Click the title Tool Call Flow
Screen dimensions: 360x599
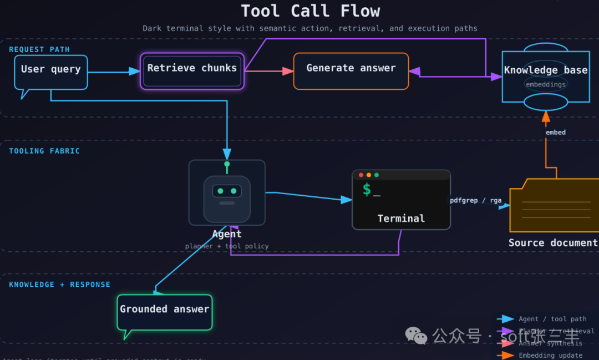pyautogui.click(x=310, y=11)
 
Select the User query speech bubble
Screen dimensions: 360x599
pyautogui.click(x=50, y=70)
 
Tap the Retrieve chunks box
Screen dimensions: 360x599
pyautogui.click(x=192, y=69)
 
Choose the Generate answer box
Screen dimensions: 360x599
pyautogui.click(x=351, y=69)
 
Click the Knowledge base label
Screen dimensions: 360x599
pyautogui.click(x=545, y=70)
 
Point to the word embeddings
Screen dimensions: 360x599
pyautogui.click(x=546, y=84)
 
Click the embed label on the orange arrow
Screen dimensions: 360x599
pyautogui.click(x=555, y=133)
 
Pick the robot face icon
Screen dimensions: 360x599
pyautogui.click(x=227, y=192)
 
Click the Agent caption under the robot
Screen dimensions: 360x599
pyautogui.click(x=227, y=234)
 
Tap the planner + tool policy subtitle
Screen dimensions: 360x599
pyautogui.click(x=227, y=246)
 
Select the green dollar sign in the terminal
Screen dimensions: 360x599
pyautogui.click(x=367, y=190)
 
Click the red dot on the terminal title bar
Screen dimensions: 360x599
pyautogui.click(x=361, y=175)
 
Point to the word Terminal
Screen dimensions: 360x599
pyautogui.click(x=401, y=219)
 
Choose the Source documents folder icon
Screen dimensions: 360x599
pyautogui.click(x=555, y=205)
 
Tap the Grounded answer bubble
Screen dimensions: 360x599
pyautogui.click(x=165, y=310)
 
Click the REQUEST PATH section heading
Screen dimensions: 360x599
pyautogui.click(x=39, y=49)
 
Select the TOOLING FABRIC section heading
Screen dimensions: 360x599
pyautogui.click(x=44, y=151)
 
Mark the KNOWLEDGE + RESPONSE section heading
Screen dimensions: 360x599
pyautogui.click(x=59, y=285)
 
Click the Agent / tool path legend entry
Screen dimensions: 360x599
pyautogui.click(x=552, y=319)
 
